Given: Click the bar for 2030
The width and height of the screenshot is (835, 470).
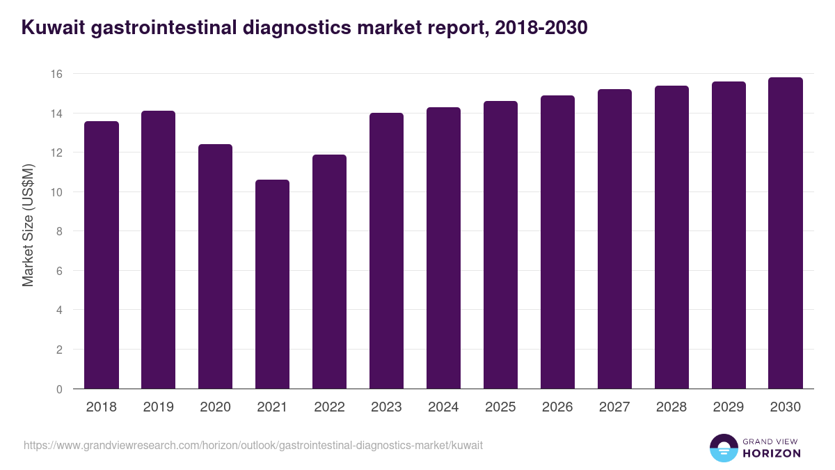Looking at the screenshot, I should pyautogui.click(x=786, y=233).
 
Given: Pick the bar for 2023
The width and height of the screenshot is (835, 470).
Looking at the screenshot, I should pyautogui.click(x=386, y=251).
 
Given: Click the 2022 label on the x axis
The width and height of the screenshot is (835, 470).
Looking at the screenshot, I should pyautogui.click(x=329, y=407).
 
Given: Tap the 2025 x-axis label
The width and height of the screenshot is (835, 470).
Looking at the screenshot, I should pyautogui.click(x=500, y=407).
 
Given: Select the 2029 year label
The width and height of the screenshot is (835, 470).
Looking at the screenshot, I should pyautogui.click(x=729, y=407).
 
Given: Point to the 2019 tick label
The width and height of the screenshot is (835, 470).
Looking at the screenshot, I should pyautogui.click(x=158, y=407).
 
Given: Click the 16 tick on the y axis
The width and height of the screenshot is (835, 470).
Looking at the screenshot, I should pyautogui.click(x=57, y=74).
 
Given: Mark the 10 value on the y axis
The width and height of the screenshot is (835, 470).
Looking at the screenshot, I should pyautogui.click(x=57, y=192).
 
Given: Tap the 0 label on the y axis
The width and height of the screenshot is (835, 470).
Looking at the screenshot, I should pyautogui.click(x=60, y=389).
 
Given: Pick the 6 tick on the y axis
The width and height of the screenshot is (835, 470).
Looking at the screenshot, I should pyautogui.click(x=60, y=271).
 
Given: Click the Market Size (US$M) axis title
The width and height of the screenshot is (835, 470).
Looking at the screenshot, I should pyautogui.click(x=28, y=225).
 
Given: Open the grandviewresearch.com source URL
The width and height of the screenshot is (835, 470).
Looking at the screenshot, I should pyautogui.click(x=253, y=445).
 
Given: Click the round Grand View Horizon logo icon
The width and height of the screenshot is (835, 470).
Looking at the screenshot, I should pyautogui.click(x=723, y=448).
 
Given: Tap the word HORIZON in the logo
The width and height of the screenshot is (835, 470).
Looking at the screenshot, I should pyautogui.click(x=771, y=453).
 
